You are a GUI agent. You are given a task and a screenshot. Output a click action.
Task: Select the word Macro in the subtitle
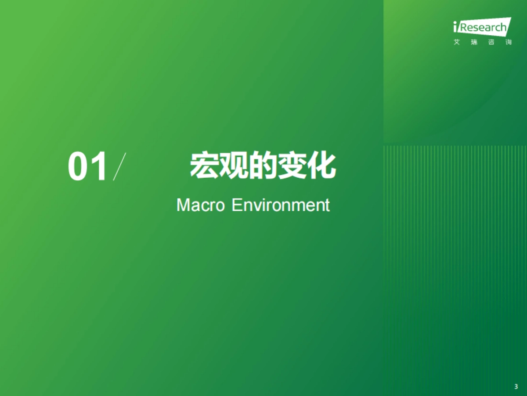(x=200, y=205)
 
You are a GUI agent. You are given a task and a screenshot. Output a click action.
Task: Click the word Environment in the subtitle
(x=280, y=205)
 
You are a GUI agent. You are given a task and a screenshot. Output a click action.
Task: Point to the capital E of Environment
(x=235, y=205)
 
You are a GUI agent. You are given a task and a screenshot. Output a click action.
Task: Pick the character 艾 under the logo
(x=457, y=43)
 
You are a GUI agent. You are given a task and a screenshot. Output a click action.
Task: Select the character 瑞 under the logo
(x=474, y=43)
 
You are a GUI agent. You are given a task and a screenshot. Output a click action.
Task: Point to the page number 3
(x=516, y=387)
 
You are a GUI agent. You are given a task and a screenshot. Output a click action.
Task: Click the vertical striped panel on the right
(x=455, y=264)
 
